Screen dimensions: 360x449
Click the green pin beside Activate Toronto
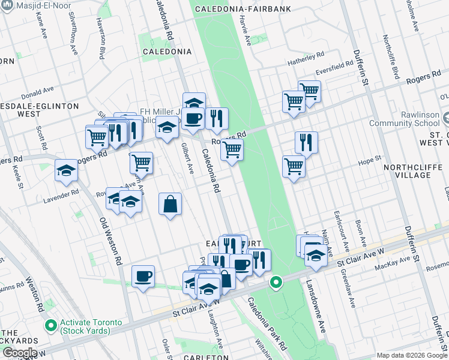(51, 326)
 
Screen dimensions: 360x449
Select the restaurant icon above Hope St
(306, 142)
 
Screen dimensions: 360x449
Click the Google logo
(19, 353)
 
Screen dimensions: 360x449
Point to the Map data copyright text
(412, 355)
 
